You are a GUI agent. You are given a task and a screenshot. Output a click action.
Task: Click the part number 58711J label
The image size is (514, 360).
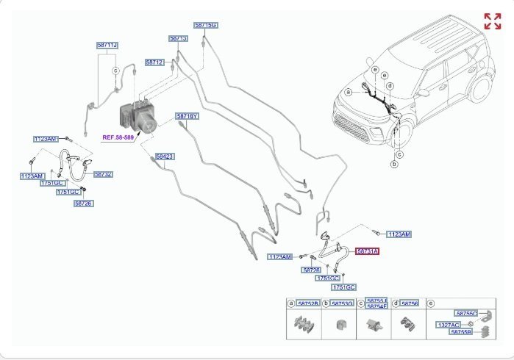pos(107,46)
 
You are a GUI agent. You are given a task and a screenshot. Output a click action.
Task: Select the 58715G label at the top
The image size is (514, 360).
pos(206,25)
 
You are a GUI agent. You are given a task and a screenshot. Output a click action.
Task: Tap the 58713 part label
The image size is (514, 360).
pos(179,38)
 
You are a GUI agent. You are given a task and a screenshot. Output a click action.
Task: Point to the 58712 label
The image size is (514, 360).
pos(154,63)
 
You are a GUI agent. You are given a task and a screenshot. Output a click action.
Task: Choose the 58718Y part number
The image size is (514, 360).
pos(187,116)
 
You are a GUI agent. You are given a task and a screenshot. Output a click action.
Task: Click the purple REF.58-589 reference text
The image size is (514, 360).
pos(118,137)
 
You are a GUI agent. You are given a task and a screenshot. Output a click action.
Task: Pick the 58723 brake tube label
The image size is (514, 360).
pos(165,156)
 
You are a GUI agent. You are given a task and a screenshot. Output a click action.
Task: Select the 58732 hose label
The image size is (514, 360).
pos(103,174)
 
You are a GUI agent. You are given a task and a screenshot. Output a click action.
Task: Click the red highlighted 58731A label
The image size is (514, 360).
pos(368,251)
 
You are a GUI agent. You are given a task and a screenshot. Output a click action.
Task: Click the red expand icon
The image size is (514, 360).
pos(492,21)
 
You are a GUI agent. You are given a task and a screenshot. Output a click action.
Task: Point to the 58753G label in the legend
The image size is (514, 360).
pos(343,303)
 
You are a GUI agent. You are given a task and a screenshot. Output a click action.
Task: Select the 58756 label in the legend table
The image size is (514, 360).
pos(410,303)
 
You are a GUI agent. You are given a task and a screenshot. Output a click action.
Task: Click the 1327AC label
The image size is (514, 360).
pos(448,324)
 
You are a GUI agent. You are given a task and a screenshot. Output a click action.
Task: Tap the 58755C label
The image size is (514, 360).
pos(466,314)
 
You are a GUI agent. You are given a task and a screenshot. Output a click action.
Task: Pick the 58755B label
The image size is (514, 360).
pos(461,333)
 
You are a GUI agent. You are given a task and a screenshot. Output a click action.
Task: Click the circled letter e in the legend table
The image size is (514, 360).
pos(431,303)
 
